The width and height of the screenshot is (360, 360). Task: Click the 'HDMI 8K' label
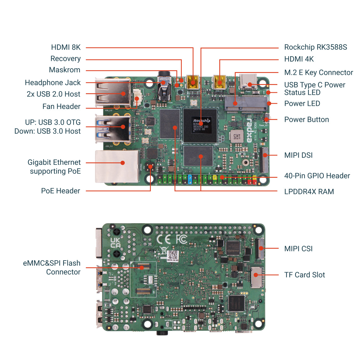click(66, 47)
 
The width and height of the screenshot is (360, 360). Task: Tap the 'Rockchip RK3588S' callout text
click(315, 47)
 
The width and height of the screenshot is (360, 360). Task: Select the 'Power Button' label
click(306, 120)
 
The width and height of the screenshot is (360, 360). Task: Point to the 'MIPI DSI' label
click(298, 155)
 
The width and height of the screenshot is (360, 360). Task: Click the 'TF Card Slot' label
click(304, 275)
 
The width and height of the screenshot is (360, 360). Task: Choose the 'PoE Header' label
click(61, 191)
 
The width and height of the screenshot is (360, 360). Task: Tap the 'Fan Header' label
click(61, 107)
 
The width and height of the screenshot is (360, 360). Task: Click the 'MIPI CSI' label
click(298, 249)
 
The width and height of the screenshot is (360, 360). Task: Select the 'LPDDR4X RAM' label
click(309, 192)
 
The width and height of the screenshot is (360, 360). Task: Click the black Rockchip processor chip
click(200, 125)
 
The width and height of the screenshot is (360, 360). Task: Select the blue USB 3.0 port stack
click(113, 129)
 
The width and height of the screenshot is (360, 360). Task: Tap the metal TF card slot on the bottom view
click(256, 277)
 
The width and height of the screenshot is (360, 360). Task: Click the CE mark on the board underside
click(164, 239)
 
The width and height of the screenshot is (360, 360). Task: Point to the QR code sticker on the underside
click(173, 256)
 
